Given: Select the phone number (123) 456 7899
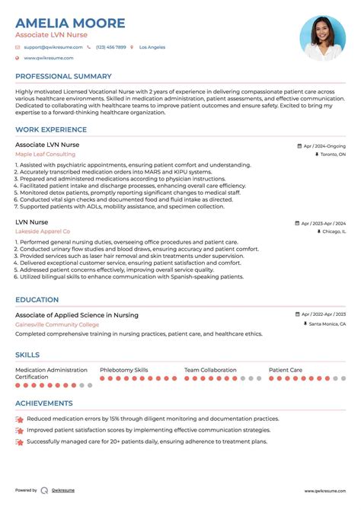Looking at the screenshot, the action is point(110,47).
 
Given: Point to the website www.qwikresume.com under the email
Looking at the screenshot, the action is point(48,58).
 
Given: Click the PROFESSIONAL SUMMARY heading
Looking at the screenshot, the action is point(63,76).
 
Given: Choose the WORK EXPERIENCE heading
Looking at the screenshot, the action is point(51,129).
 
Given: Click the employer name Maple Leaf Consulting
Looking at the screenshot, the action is point(45,154).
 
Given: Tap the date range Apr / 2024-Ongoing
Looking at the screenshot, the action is point(324,145).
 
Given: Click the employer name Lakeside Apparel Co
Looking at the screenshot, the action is point(43,231).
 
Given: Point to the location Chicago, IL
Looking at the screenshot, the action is point(334,231).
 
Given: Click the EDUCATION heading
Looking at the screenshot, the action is point(37,300).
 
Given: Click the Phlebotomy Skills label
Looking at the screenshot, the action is point(123,370).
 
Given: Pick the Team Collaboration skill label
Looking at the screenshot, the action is point(211,370).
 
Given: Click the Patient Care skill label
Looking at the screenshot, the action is point(286,370).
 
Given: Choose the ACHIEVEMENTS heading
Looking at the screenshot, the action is point(44,403).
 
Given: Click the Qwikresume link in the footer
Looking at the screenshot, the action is point(63,491).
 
